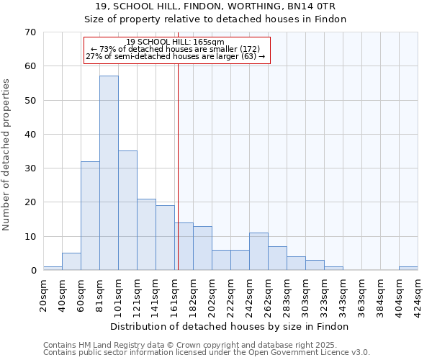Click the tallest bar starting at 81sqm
pos(109,173)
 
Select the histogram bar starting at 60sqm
pos(90,216)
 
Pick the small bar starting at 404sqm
pos(408,269)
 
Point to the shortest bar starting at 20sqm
pos(53,269)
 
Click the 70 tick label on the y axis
pos(30,32)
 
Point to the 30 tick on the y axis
pos(30,168)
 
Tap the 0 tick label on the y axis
pos(32,271)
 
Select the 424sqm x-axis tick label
pos(418,294)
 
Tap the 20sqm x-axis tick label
pos(43,292)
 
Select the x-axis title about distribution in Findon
pos(230,326)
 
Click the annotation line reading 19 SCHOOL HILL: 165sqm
pos(175,42)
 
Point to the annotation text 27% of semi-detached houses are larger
pos(175,56)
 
